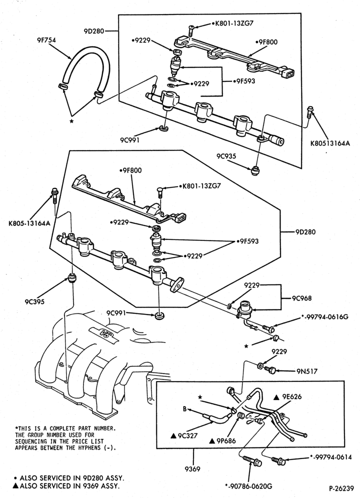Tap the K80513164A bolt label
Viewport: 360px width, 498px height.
(330, 143)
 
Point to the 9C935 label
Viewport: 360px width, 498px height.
(226, 156)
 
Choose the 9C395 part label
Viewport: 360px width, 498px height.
(34, 301)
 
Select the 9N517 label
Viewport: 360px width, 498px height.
(307, 371)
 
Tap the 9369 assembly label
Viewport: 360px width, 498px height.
(192, 468)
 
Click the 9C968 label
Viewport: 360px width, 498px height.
(302, 298)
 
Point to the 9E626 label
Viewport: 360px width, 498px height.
(287, 396)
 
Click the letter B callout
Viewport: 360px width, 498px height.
(184, 409)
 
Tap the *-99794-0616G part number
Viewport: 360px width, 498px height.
(324, 316)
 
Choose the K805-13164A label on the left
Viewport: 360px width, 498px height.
(29, 223)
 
